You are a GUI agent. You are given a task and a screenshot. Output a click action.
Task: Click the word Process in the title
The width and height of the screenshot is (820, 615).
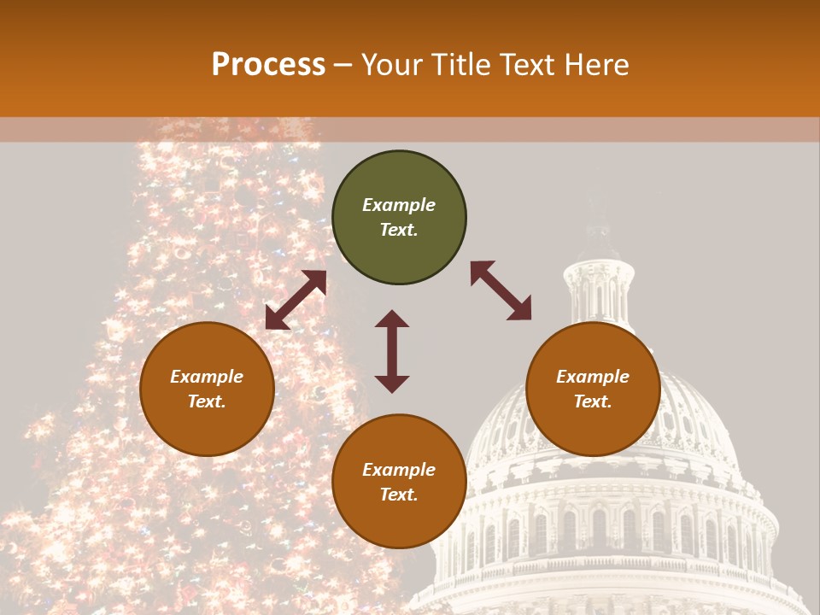click(268, 65)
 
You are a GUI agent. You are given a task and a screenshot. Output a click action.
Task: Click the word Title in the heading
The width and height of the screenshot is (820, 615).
click(457, 65)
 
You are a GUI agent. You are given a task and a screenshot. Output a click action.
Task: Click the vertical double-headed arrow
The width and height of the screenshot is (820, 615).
click(392, 351)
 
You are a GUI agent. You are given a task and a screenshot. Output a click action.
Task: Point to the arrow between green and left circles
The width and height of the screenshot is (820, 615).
click(296, 300)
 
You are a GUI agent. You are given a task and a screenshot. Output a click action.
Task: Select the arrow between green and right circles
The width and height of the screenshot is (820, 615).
click(501, 290)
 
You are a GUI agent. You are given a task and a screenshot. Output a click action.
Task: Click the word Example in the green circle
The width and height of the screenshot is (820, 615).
click(399, 205)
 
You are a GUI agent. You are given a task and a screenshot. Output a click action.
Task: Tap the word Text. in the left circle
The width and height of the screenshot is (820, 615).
click(207, 401)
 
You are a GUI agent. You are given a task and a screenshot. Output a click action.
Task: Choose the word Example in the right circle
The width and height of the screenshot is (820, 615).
click(593, 377)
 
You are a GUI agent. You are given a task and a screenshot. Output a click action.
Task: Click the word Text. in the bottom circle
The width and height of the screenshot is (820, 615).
click(399, 495)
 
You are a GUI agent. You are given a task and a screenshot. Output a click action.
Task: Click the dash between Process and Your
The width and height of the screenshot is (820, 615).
click(343, 65)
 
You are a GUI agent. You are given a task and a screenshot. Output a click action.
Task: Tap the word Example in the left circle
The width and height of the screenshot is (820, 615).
click(207, 377)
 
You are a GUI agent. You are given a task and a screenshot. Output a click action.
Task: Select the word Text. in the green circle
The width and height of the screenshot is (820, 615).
click(399, 230)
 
